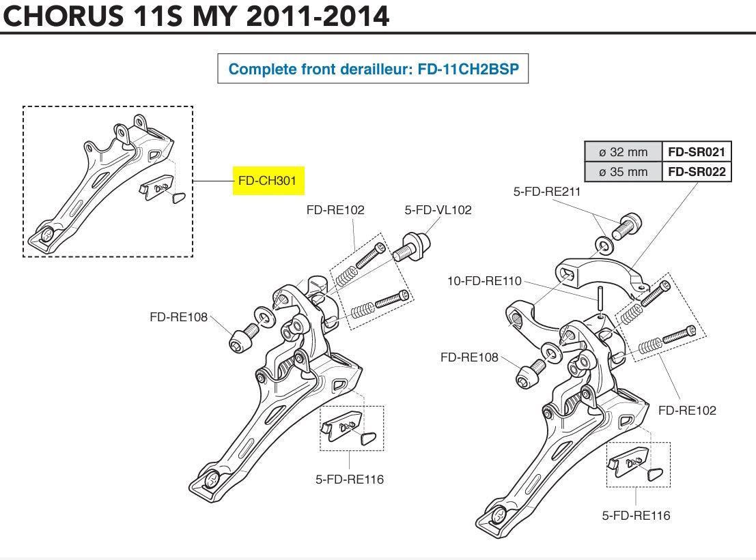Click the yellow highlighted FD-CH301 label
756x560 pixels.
click(x=268, y=181)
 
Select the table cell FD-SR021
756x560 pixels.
click(x=696, y=151)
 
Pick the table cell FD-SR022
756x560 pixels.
click(x=696, y=171)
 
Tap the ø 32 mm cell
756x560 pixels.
click(x=623, y=151)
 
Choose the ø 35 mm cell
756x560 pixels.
click(x=623, y=171)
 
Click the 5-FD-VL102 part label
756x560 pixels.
click(x=438, y=210)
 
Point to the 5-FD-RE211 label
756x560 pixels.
click(x=547, y=192)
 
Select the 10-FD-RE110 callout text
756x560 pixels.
click(x=484, y=280)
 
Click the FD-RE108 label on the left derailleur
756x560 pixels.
click(x=178, y=316)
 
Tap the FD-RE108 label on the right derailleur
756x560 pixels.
click(x=469, y=357)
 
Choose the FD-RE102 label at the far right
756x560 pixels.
click(x=687, y=410)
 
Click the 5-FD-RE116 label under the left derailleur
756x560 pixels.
click(x=350, y=479)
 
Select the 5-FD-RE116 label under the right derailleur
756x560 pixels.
click(x=636, y=515)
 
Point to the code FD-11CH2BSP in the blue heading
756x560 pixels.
click(x=468, y=69)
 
